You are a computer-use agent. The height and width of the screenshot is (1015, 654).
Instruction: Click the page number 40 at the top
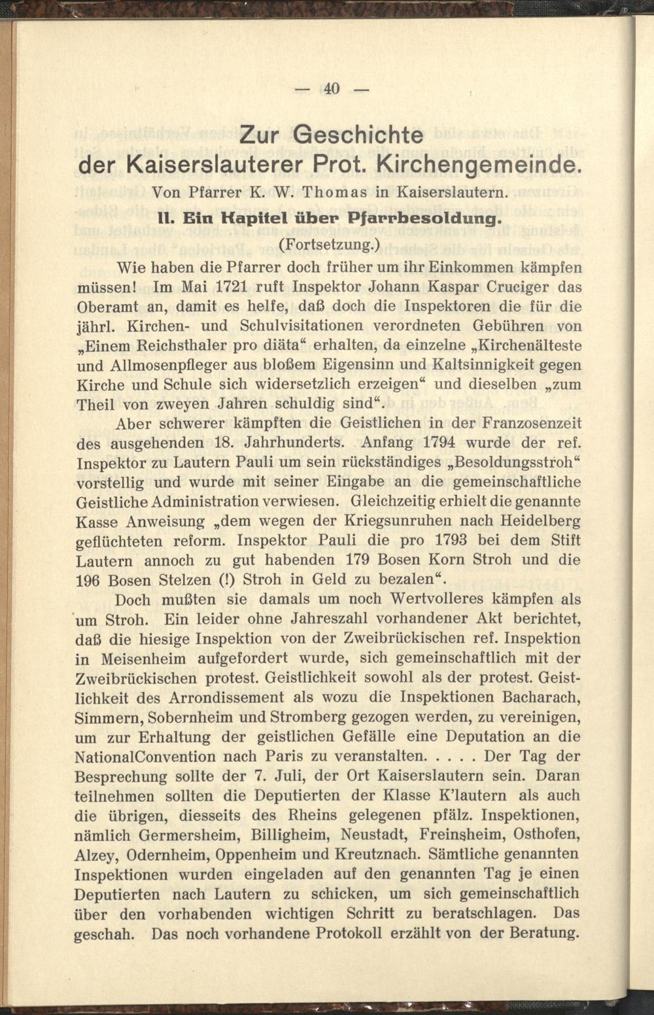tap(332, 88)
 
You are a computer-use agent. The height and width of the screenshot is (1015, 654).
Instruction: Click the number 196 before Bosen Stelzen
tap(88, 581)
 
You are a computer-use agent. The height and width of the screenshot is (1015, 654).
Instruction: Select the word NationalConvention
tap(145, 757)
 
